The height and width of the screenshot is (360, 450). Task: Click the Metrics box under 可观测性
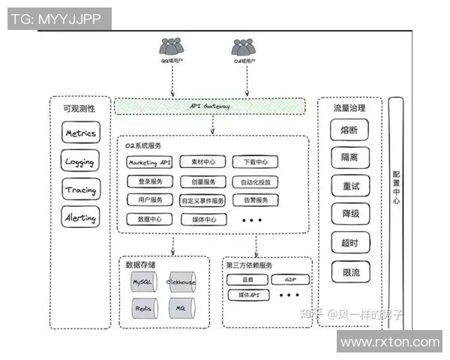(x=80, y=133)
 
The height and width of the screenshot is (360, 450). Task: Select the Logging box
(x=80, y=161)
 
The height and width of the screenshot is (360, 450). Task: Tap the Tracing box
(x=80, y=190)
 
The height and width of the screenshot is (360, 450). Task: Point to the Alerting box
(x=80, y=218)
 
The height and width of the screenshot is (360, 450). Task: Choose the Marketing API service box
(x=149, y=162)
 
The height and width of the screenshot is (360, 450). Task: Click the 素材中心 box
(x=202, y=162)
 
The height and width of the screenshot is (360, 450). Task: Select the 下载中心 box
(x=255, y=162)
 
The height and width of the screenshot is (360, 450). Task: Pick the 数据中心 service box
(x=149, y=219)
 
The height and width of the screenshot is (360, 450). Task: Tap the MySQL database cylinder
(x=142, y=283)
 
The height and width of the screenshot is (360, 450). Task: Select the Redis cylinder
(x=142, y=308)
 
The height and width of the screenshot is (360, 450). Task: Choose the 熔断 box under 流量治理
(x=350, y=130)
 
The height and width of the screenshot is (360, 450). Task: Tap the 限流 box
(x=350, y=271)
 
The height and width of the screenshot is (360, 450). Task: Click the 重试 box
(x=350, y=186)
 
